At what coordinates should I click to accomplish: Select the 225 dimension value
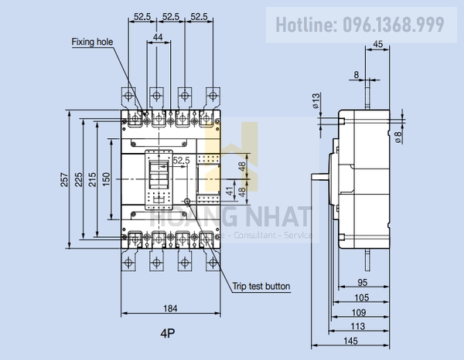point(78,179)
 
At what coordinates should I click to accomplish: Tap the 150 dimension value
point(106,179)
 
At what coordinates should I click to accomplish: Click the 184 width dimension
point(171,308)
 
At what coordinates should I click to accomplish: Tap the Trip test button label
point(261,286)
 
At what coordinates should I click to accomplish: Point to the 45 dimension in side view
point(377,45)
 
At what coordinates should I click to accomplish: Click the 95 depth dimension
point(362,282)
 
